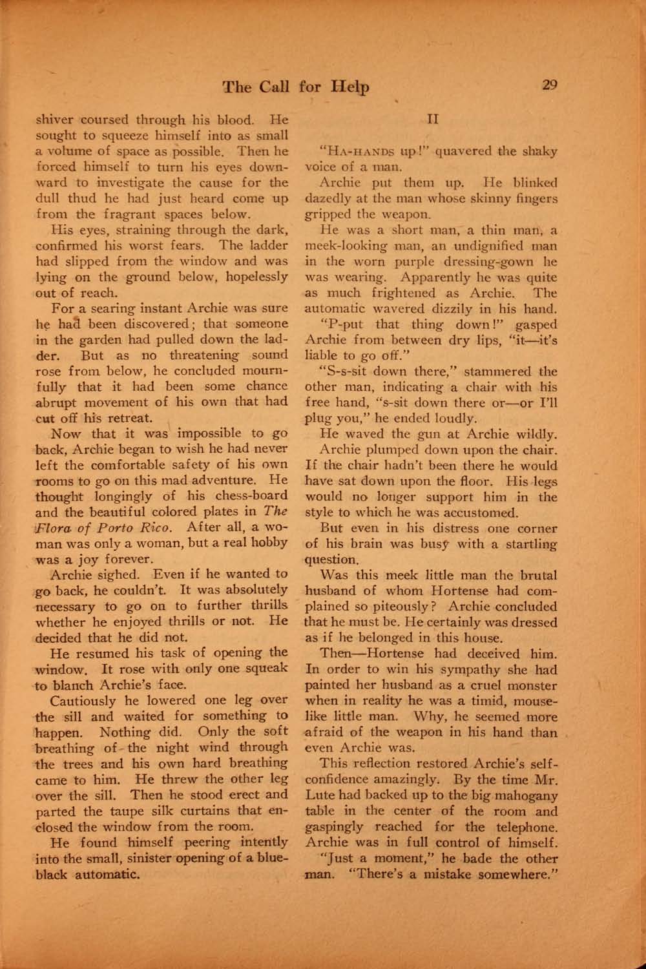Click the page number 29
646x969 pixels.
click(x=550, y=85)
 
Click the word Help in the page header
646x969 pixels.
click(x=350, y=87)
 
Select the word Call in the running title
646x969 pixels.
click(x=275, y=87)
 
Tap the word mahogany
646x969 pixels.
click(x=524, y=796)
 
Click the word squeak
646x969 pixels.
click(x=265, y=669)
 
